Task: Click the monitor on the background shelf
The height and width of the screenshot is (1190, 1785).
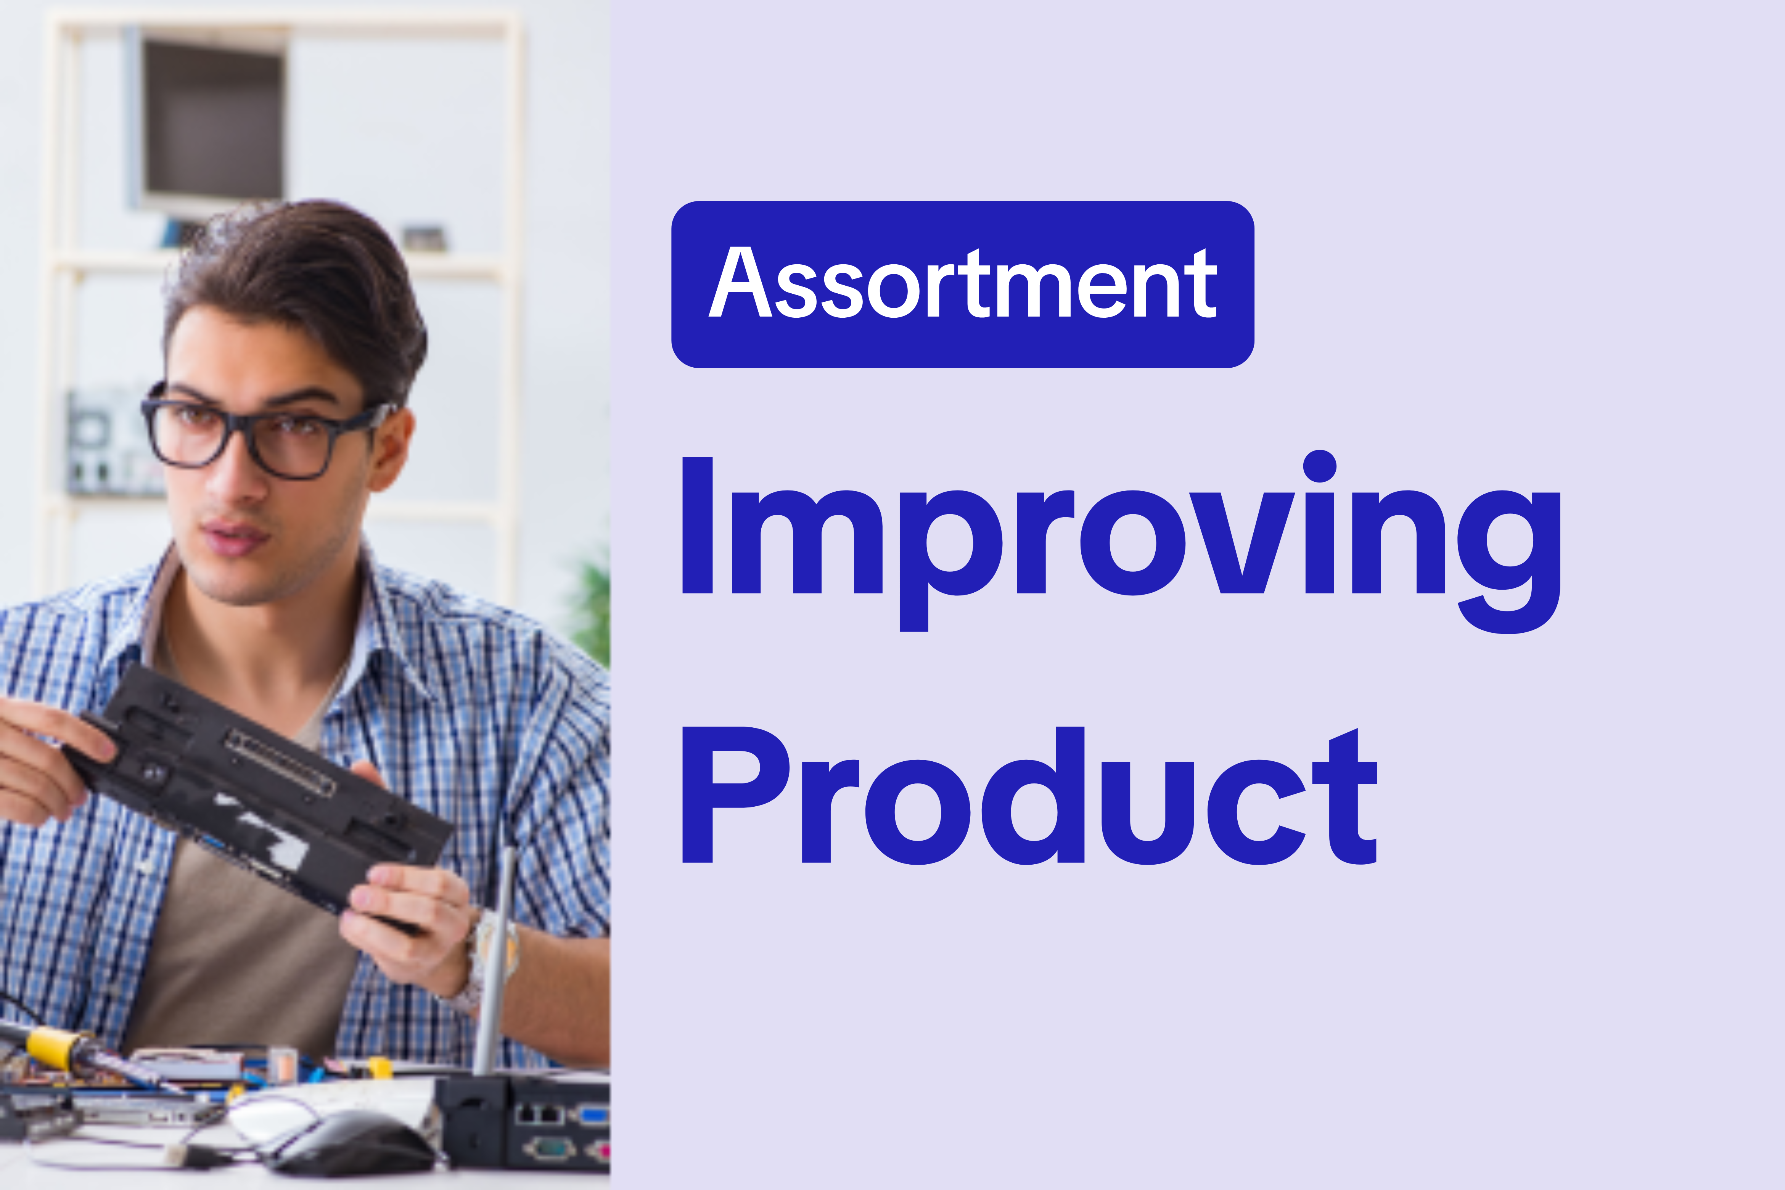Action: (x=212, y=121)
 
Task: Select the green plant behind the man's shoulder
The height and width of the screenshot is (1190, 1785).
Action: (x=592, y=607)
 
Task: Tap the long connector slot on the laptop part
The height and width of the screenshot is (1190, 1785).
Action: (x=281, y=763)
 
